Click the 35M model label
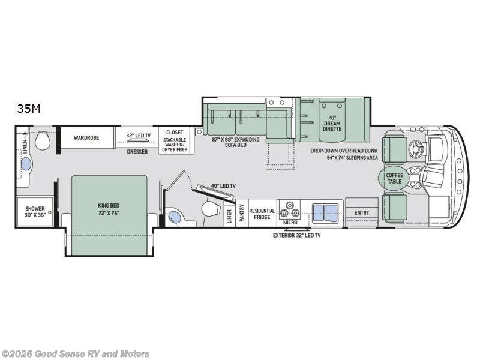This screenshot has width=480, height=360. coord(28,109)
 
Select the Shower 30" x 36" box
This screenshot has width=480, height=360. coord(35,212)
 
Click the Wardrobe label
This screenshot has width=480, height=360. coord(86,138)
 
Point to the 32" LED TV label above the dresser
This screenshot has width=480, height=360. coord(139,136)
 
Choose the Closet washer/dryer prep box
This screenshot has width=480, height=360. coord(175,140)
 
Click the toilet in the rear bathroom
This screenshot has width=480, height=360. coord(43,140)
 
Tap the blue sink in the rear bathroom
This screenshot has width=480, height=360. coord(26,164)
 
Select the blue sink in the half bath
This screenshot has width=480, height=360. coord(175,217)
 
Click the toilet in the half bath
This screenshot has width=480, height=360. coord(211,209)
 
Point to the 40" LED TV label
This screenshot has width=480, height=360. coord(223,186)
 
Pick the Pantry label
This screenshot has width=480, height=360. coord(242,213)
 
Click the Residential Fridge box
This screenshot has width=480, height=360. coord(263,213)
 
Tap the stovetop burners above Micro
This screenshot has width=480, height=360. coord(290,209)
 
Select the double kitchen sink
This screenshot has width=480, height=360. coord(325,213)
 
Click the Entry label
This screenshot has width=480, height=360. coord(362,212)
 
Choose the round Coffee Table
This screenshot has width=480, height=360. coord(394,178)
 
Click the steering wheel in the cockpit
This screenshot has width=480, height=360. coord(417,148)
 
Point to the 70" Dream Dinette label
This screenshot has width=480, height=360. coord(332,124)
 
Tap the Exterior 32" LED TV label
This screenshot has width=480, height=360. coord(296,235)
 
